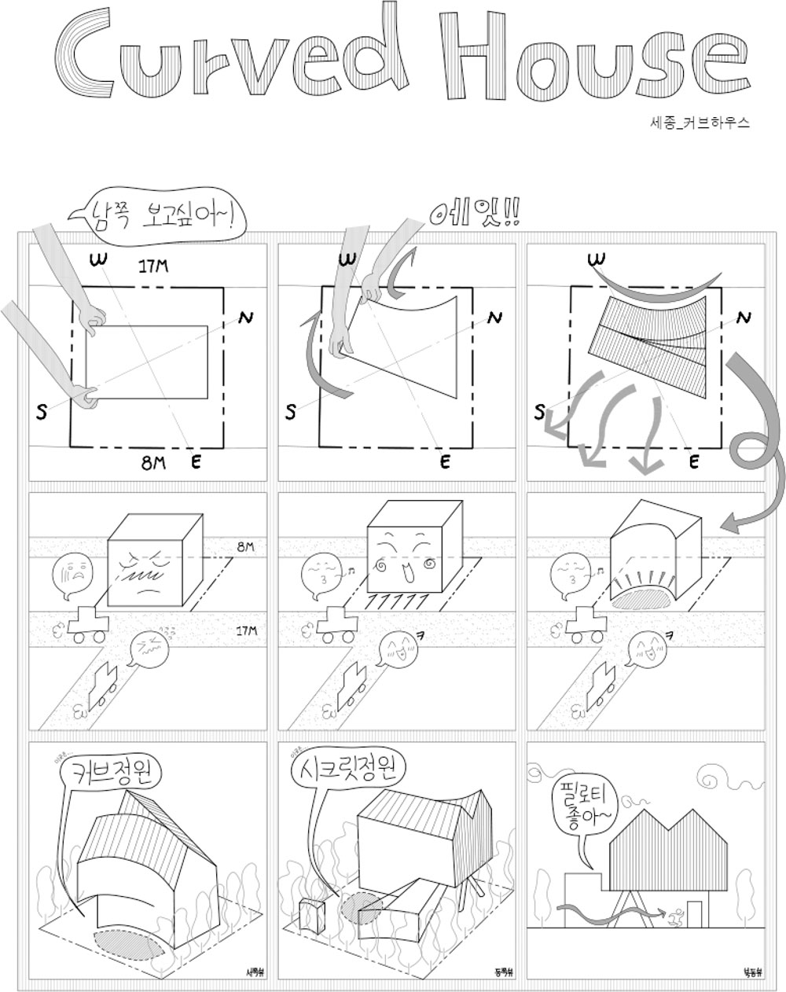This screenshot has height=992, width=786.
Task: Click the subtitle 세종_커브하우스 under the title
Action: (700, 123)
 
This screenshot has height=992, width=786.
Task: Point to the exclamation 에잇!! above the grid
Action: (475, 211)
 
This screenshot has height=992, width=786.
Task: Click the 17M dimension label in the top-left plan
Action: (153, 267)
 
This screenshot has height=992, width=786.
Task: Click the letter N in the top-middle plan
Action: (494, 318)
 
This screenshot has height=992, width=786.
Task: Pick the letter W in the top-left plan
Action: (99, 259)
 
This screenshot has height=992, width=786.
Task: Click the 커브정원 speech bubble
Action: (111, 771)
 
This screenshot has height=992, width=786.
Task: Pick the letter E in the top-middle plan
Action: (445, 462)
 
